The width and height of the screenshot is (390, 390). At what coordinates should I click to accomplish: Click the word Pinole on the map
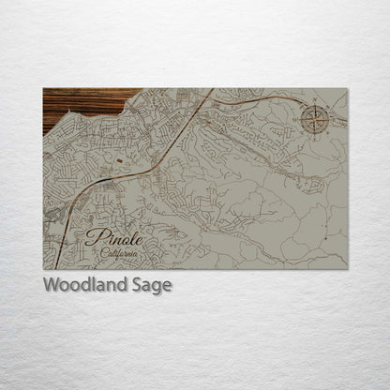coord(112,238)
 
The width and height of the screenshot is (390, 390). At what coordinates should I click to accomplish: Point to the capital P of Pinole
coord(91,237)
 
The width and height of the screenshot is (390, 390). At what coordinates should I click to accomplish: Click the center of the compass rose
coord(314,119)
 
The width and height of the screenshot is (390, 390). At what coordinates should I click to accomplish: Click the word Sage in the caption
coord(154,285)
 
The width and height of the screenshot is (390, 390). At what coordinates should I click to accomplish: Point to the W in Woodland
coord(51,284)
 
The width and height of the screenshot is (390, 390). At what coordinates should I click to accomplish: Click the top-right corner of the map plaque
coord(346,89)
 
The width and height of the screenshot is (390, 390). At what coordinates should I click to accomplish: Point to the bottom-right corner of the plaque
coord(346,269)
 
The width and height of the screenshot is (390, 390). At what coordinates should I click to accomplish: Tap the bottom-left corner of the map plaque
coord(44,269)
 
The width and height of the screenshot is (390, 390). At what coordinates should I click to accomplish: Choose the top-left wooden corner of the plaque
coord(45,90)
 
